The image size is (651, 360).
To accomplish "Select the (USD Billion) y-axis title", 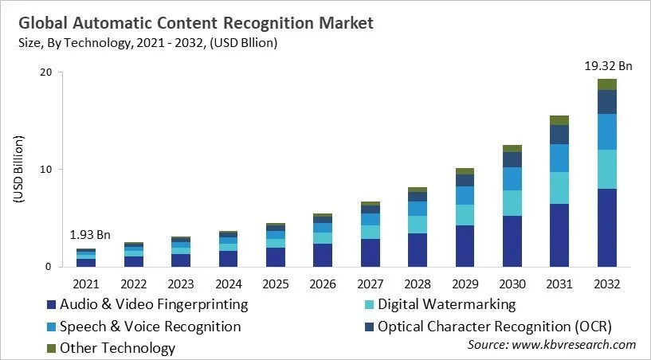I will click(19, 170).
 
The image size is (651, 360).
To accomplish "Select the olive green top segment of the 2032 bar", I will click(607, 84).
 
